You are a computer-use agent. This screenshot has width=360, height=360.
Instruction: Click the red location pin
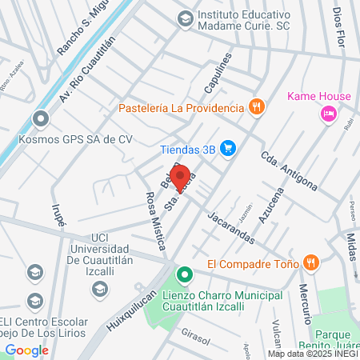(179, 177)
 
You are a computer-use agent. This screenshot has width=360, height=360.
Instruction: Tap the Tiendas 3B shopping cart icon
(229, 147)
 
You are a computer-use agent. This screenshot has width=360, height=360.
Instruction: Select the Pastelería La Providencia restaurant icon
(256, 106)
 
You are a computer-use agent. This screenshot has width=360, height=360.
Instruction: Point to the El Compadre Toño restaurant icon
(311, 262)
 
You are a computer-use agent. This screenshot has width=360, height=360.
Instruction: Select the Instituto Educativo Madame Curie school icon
(185, 17)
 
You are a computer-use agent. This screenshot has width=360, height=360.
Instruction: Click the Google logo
(27, 350)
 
